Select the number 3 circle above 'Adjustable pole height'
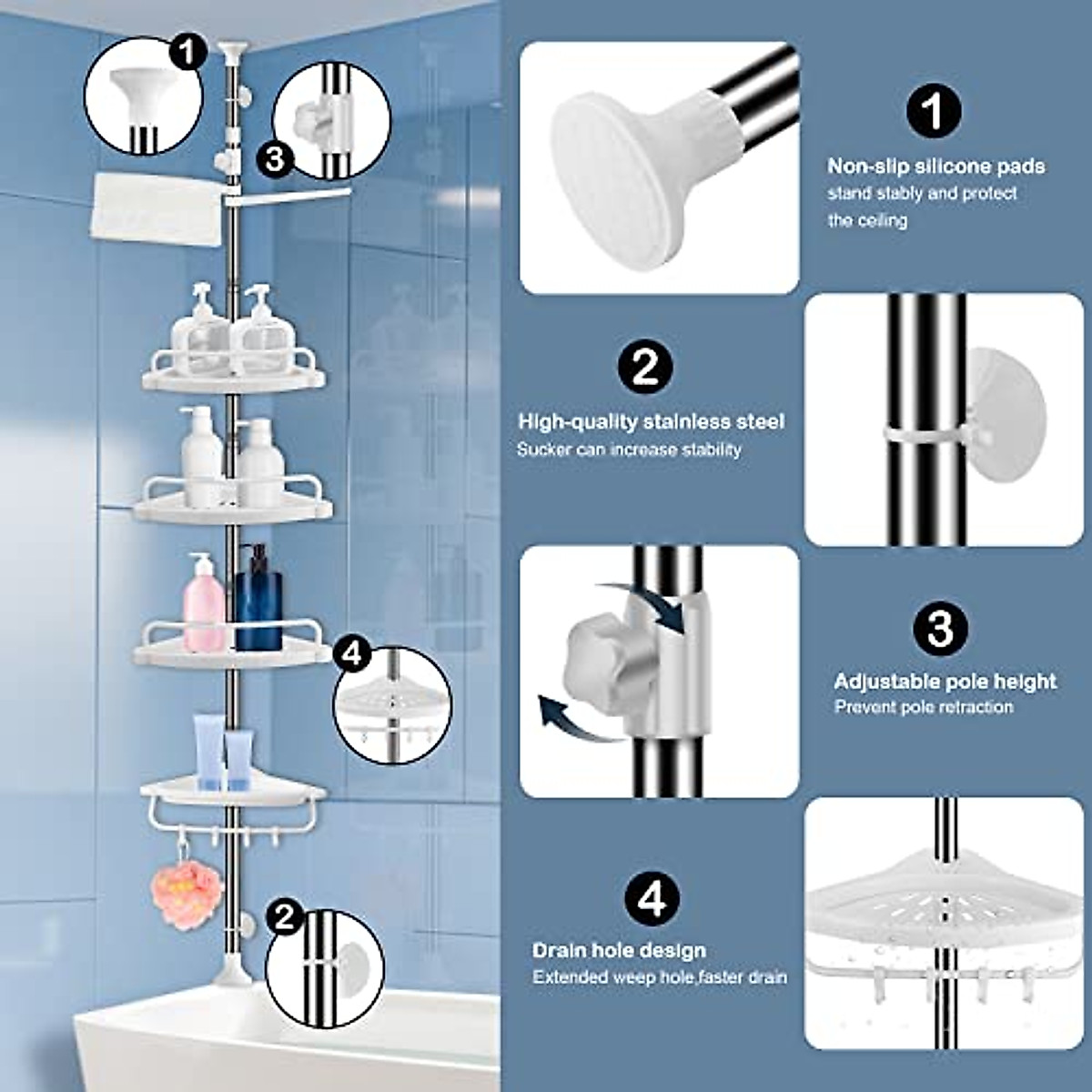tap(940, 628)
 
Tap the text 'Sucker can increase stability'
tap(629, 450)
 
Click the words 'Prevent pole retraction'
tap(924, 707)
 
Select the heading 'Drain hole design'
tap(619, 951)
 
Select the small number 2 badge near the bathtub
tap(286, 916)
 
